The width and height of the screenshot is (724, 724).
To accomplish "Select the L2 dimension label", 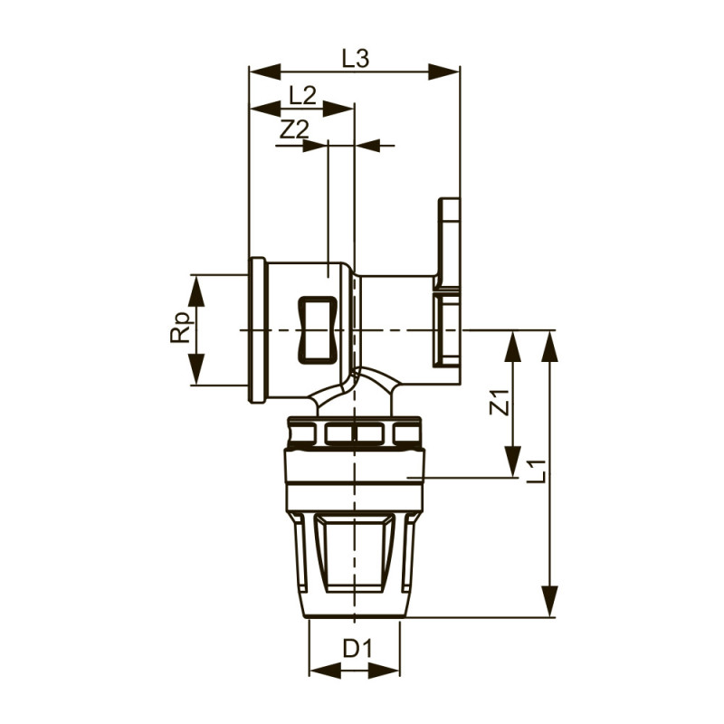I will click(302, 94).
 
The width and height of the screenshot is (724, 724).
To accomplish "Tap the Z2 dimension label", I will click(294, 129).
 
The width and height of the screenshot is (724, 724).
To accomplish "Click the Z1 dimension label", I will click(498, 401).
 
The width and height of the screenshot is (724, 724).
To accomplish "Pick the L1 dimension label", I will click(536, 471).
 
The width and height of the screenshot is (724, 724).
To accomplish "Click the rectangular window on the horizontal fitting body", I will click(319, 330).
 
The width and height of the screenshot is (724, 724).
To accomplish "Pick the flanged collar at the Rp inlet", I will click(258, 331).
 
